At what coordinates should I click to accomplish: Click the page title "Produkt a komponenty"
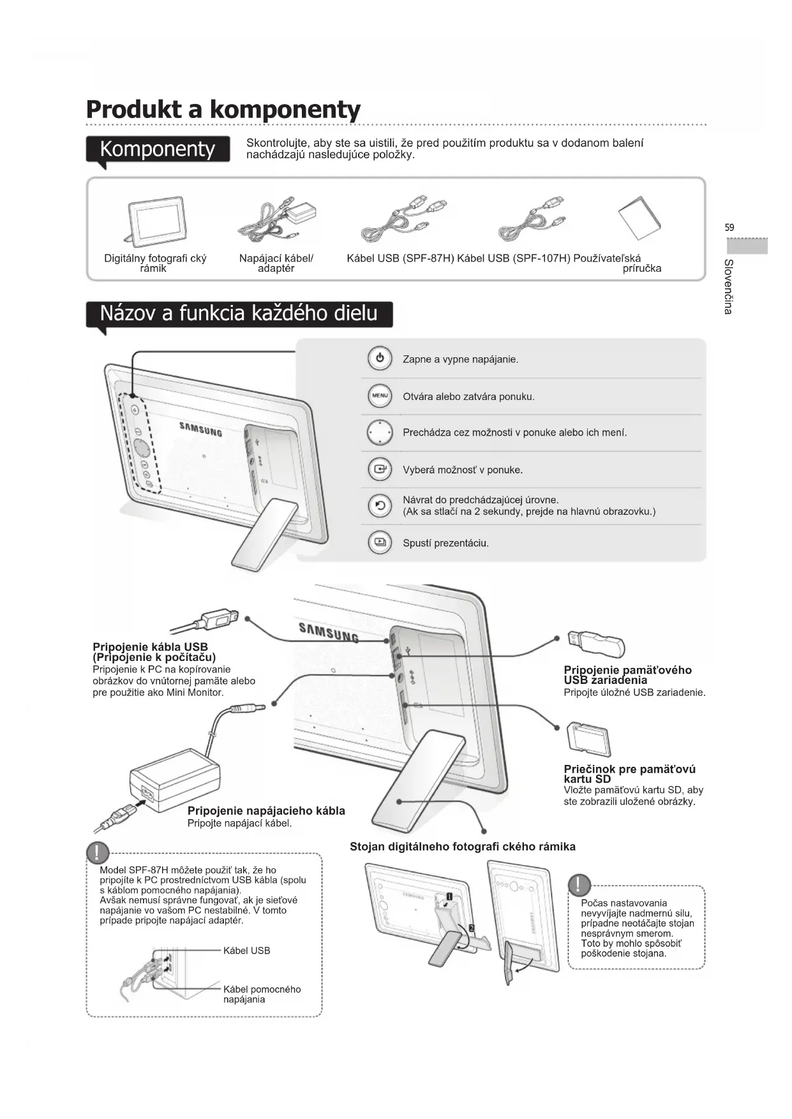point(223,109)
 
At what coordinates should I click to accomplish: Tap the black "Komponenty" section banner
point(158,149)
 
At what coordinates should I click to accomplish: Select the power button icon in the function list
point(380,359)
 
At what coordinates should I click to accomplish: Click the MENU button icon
point(380,396)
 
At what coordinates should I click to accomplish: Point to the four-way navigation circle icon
point(380,433)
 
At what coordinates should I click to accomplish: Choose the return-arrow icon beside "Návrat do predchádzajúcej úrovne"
point(380,506)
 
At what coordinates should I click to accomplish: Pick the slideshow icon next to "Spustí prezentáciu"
point(380,543)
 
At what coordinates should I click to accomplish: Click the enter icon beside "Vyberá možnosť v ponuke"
point(380,470)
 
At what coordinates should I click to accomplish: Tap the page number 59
point(729,227)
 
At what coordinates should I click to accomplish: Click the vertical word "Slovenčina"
point(729,286)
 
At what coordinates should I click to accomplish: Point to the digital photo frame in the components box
point(156,221)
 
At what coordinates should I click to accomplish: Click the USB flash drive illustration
point(597,644)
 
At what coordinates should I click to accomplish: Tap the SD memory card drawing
point(589,739)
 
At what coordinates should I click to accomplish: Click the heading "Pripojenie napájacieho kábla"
point(266,811)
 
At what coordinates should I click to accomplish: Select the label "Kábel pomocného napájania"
point(262,994)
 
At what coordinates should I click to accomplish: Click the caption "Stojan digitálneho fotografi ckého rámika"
point(463,847)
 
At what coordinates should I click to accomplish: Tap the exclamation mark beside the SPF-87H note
point(98,852)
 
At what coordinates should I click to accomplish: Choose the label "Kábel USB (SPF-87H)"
point(400,258)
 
